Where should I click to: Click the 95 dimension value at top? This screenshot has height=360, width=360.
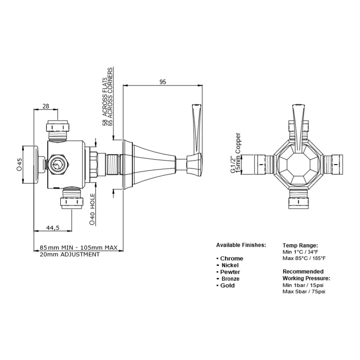pyautogui.click(x=163, y=82)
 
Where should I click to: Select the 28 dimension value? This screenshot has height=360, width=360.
pyautogui.click(x=45, y=106)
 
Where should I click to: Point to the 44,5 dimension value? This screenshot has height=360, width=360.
pyautogui.click(x=53, y=228)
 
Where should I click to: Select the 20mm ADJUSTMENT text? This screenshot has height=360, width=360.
pyautogui.click(x=70, y=254)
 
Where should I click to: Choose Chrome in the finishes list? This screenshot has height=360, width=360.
pyautogui.click(x=231, y=258)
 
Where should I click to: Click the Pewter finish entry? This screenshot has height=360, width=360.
pyautogui.click(x=230, y=272)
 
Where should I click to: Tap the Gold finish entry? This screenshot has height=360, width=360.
pyautogui.click(x=228, y=285)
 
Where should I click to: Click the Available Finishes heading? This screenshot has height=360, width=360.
pyautogui.click(x=241, y=245)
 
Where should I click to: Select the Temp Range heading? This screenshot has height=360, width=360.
pyautogui.click(x=300, y=245)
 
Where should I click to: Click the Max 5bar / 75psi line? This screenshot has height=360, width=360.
pyautogui.click(x=304, y=292)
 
